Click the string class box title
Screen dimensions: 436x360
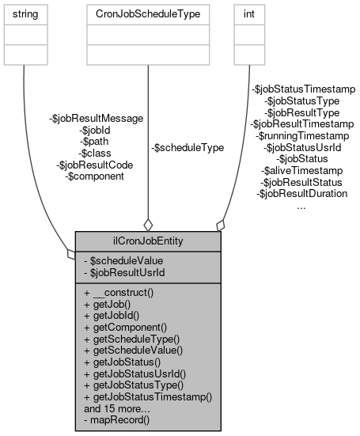coord(23,13)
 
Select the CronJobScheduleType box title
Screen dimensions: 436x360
coord(148,13)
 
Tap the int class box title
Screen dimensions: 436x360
coord(248,13)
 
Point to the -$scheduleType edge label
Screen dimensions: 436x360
coord(187,147)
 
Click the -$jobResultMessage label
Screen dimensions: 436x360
coord(96,118)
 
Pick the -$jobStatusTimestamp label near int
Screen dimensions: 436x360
coord(303,89)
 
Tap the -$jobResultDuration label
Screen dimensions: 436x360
coord(303,193)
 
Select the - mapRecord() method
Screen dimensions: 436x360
coord(118,421)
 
